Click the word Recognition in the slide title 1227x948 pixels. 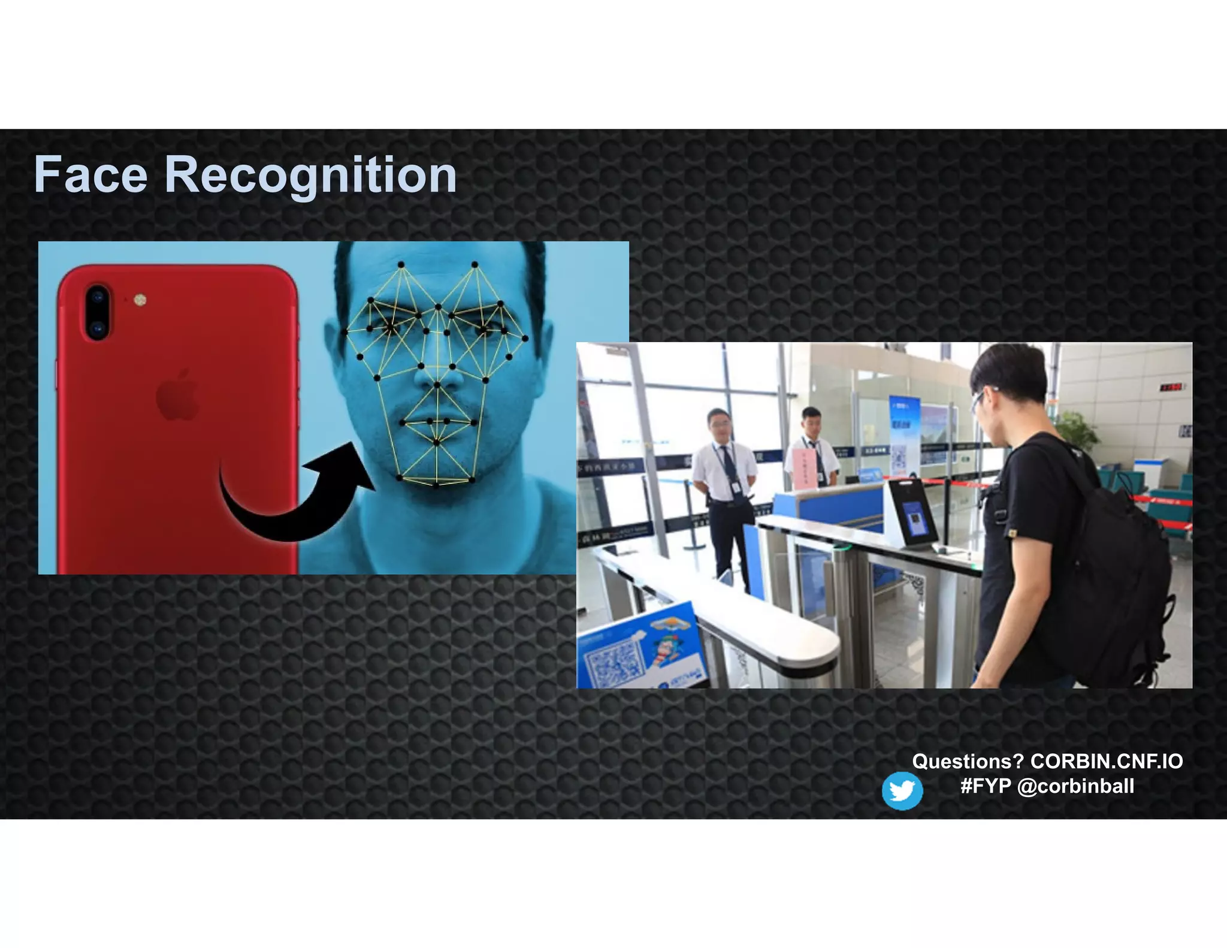[310, 176]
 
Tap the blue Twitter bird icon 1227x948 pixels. [902, 790]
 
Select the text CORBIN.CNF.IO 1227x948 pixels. [1106, 761]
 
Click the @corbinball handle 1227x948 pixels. [1075, 786]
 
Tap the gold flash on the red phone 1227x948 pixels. [140, 299]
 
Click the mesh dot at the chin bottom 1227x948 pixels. [437, 484]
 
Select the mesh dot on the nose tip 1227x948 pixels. [437, 385]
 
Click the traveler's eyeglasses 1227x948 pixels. [979, 400]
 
